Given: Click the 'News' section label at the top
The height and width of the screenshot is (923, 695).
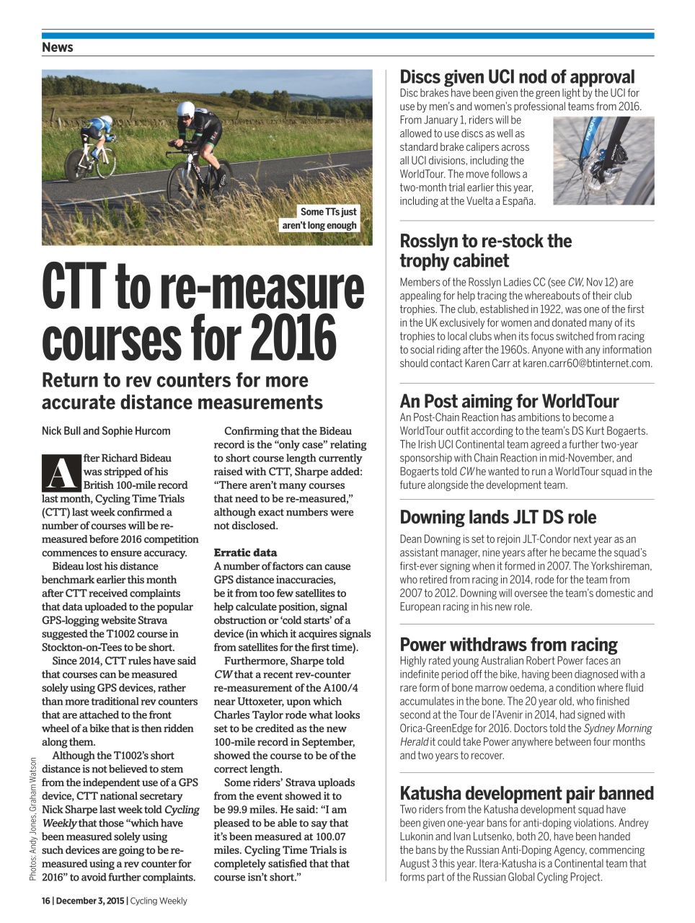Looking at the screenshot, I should [x=58, y=48].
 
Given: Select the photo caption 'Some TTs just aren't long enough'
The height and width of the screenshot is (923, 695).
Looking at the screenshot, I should [x=319, y=218].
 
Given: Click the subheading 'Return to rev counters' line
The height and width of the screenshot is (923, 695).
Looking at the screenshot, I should [x=174, y=381].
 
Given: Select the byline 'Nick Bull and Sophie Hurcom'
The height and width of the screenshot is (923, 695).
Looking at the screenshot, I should [x=106, y=431].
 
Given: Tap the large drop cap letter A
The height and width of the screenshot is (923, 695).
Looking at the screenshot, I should [x=61, y=472].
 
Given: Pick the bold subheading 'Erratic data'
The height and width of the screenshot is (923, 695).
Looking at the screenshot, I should [x=245, y=552].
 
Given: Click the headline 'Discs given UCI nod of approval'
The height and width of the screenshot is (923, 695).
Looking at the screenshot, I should [x=517, y=77].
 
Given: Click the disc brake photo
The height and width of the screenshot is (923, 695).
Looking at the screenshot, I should [x=603, y=161].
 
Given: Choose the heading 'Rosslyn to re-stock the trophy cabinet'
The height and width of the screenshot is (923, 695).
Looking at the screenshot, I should [x=485, y=251].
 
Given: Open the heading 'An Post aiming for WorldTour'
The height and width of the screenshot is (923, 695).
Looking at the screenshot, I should [x=509, y=401].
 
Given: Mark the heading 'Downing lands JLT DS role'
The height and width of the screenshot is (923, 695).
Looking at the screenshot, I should [x=497, y=517].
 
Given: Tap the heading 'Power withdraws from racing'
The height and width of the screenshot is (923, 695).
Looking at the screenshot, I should [x=508, y=644].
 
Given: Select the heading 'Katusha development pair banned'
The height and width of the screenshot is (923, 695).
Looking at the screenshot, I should [x=526, y=793].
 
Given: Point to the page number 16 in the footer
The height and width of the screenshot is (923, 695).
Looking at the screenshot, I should [x=45, y=901].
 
